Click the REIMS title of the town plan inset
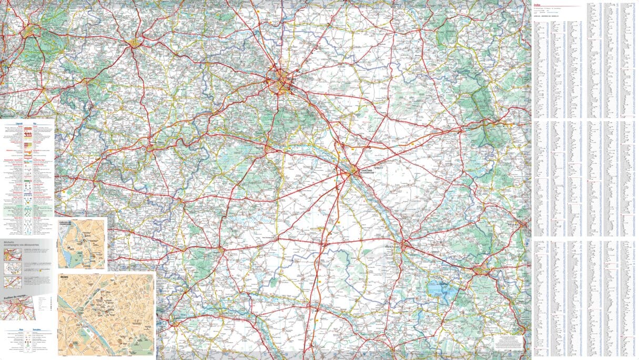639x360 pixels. click(x=66, y=274)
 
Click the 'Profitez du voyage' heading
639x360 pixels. click(x=14, y=297)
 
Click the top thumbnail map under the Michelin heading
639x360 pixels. click(x=13, y=254)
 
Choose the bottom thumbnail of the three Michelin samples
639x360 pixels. click(x=13, y=282)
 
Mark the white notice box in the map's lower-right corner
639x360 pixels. click(x=509, y=342)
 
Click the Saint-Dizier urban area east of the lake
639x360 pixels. click(x=481, y=271)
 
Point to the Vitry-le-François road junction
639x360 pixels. click(x=405, y=245)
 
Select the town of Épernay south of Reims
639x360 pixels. click(x=267, y=148)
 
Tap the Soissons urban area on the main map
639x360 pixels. click(x=135, y=44)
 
